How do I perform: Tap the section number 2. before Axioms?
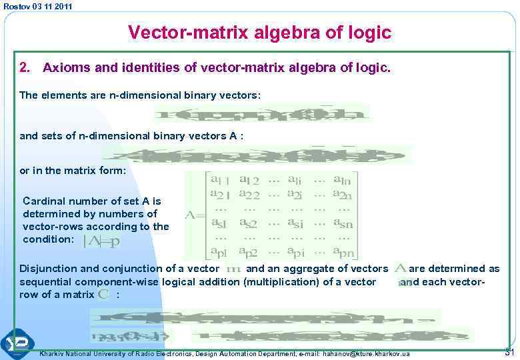[25, 67]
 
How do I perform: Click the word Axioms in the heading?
[65, 67]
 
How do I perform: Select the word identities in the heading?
[144, 67]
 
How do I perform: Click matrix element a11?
[220, 179]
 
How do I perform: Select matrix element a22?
[252, 194]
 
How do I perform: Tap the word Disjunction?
[48, 269]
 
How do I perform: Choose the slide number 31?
[511, 351]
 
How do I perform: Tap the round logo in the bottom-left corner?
[16, 343]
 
